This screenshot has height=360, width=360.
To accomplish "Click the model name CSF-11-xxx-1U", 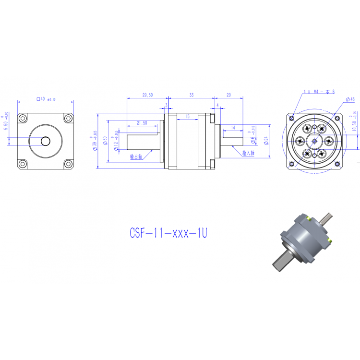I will [168, 233].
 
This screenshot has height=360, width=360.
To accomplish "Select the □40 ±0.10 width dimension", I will [46, 99].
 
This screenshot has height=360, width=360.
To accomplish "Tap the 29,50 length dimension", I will [147, 96].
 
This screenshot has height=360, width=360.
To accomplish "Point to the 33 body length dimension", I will [191, 96].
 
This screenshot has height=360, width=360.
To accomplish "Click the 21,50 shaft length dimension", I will [142, 123].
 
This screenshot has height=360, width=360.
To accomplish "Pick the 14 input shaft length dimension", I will [233, 128].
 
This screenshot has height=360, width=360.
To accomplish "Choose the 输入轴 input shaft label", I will [248, 153].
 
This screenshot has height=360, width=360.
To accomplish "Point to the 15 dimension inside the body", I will [187, 117].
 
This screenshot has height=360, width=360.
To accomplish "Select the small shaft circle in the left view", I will [46, 141].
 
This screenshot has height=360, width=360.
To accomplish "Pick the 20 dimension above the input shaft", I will [228, 96].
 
